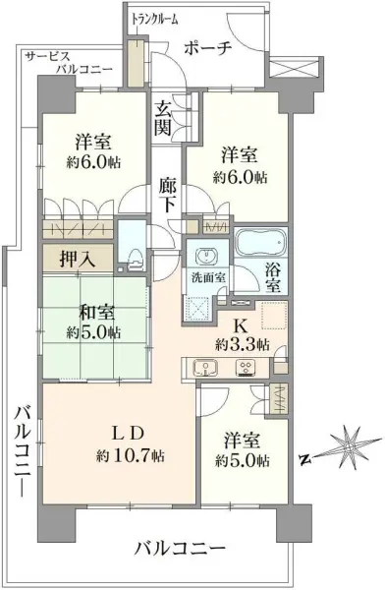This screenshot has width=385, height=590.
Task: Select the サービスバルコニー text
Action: (69, 63)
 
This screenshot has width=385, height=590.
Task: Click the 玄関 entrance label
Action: (163, 114)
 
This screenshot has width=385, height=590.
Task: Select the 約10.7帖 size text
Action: (132, 456)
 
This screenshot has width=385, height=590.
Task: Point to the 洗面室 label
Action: (208, 277)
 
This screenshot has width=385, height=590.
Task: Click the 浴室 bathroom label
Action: (272, 275)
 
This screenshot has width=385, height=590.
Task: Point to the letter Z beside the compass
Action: (305, 457)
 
